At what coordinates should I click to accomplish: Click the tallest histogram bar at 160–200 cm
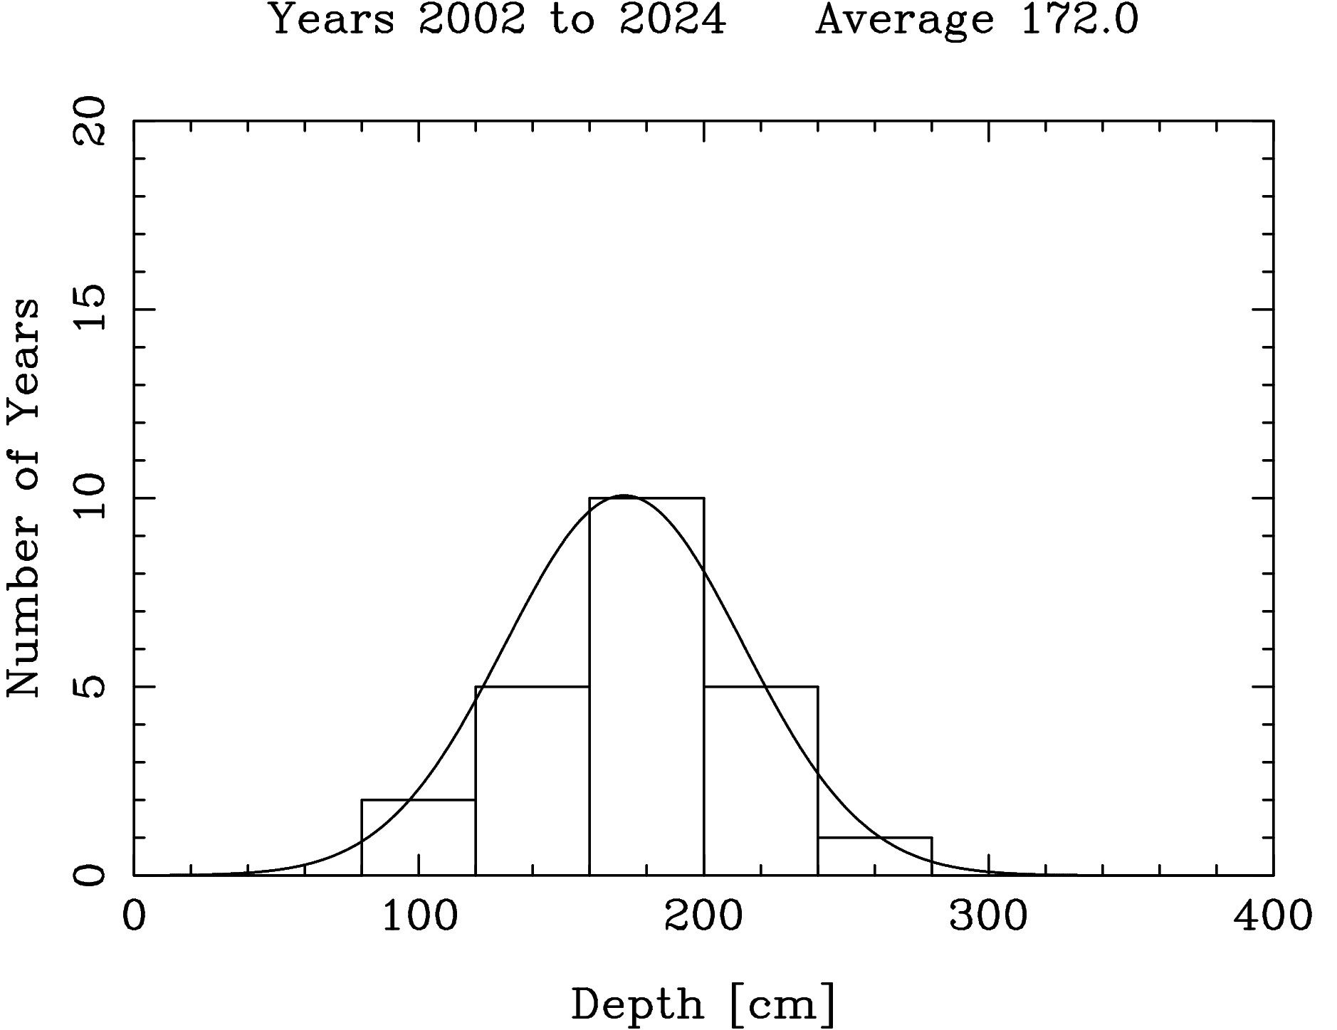pos(646,686)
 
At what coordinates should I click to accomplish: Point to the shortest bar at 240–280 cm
pos(874,856)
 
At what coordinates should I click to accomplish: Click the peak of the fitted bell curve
pos(624,495)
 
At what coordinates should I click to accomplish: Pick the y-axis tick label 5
pos(91,687)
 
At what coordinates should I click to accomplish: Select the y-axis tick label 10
pos(91,498)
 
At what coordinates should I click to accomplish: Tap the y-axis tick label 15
pos(91,309)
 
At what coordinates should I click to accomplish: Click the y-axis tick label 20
pos(91,121)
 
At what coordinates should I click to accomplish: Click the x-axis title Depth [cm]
pos(703,1004)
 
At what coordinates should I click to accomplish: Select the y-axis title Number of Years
pos(24,498)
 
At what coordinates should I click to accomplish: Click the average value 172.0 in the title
pos(1079,20)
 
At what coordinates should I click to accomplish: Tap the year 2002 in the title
pos(472,20)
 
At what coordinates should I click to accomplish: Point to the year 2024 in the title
pos(673,20)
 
